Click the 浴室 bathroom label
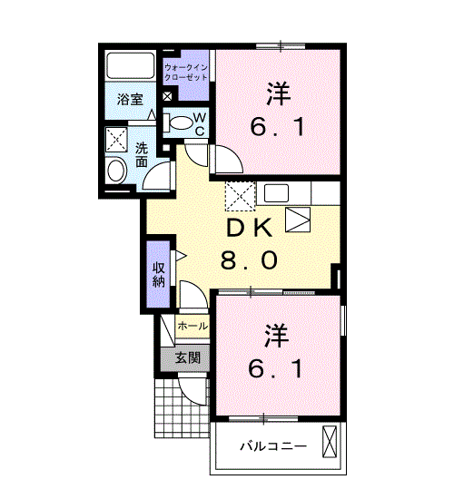130,100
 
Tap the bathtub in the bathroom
131,65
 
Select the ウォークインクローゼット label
186,73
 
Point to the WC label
200,125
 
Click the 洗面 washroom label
142,155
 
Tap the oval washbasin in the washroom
116,171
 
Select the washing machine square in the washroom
116,139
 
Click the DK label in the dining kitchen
249,228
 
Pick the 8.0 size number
249,260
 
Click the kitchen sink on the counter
276,193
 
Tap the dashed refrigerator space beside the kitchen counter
241,196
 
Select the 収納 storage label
159,275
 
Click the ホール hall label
192,326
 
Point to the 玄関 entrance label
188,358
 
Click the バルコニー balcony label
273,446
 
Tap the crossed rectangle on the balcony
330,442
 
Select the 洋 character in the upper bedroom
279,93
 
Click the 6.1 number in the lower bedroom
275,369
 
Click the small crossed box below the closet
167,96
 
